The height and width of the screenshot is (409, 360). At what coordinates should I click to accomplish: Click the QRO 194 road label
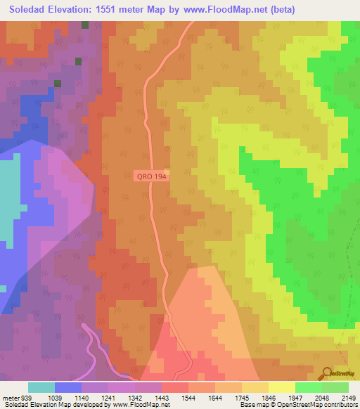[151, 178]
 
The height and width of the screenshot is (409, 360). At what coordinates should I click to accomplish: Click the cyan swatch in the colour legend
[41, 387]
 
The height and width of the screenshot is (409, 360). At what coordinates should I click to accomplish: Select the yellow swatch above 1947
[282, 387]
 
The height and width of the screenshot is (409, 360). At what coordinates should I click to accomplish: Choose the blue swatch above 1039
[68, 387]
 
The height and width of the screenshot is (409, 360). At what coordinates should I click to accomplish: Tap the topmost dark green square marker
[85, 25]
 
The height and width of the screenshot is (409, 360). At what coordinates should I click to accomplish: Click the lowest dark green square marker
[58, 84]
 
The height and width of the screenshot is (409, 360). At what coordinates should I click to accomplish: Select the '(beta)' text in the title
[281, 10]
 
